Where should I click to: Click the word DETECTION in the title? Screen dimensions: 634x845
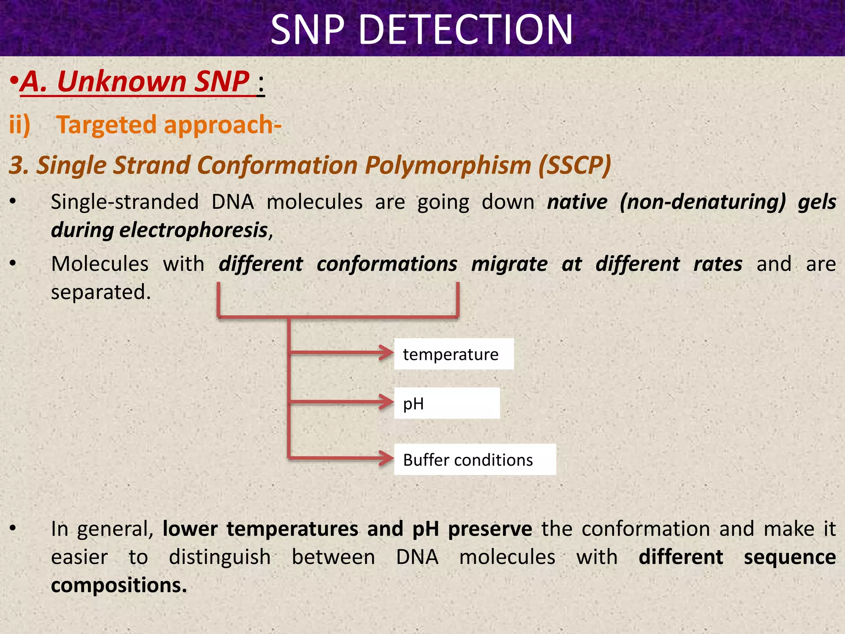point(466,30)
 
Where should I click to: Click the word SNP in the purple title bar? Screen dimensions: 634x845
point(307,30)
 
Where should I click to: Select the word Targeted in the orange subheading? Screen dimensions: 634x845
point(106,125)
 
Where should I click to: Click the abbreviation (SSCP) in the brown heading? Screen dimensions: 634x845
point(574,165)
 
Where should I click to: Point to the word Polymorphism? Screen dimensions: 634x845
point(448,165)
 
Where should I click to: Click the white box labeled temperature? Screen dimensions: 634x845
point(453,354)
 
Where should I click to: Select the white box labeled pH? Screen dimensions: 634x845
point(446,403)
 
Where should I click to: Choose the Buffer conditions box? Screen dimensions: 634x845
point(474,459)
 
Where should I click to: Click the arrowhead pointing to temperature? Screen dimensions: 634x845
point(387,352)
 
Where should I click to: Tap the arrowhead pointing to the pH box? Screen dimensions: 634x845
point(387,402)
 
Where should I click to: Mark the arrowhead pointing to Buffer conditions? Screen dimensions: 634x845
point(387,458)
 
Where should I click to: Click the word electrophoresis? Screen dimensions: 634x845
point(194,230)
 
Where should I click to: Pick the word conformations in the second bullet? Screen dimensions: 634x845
point(387,264)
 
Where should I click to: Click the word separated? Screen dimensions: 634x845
point(101,292)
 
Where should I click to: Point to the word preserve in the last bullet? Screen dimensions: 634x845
point(490,529)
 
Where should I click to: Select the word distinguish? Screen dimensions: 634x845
point(220,557)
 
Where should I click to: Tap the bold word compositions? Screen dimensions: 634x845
point(119,585)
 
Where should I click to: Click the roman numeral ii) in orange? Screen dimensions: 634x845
point(20,125)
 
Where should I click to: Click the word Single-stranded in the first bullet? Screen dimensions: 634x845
point(125,202)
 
